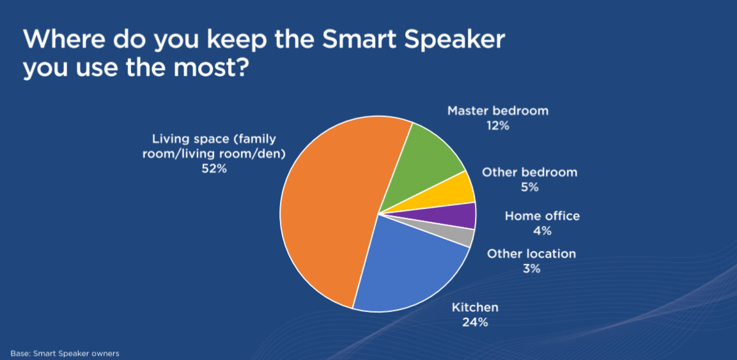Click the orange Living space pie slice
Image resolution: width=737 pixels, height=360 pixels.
click(329, 212)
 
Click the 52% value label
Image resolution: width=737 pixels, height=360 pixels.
click(214, 169)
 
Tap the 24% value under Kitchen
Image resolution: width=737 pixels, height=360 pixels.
click(475, 322)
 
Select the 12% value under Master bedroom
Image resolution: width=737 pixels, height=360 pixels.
click(498, 126)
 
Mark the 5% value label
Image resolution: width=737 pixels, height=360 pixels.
click(529, 187)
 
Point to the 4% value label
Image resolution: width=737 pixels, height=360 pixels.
click(543, 231)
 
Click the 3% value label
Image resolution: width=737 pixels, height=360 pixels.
click(531, 269)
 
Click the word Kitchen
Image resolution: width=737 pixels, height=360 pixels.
click(475, 308)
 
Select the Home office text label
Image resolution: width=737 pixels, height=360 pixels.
click(543, 216)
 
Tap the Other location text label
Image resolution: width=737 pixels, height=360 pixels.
click(531, 254)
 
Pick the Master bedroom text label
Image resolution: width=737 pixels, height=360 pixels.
click(498, 111)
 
